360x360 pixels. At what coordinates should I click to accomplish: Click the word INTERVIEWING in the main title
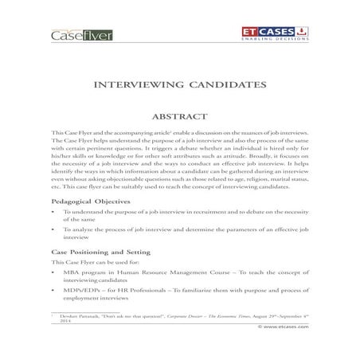141,83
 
